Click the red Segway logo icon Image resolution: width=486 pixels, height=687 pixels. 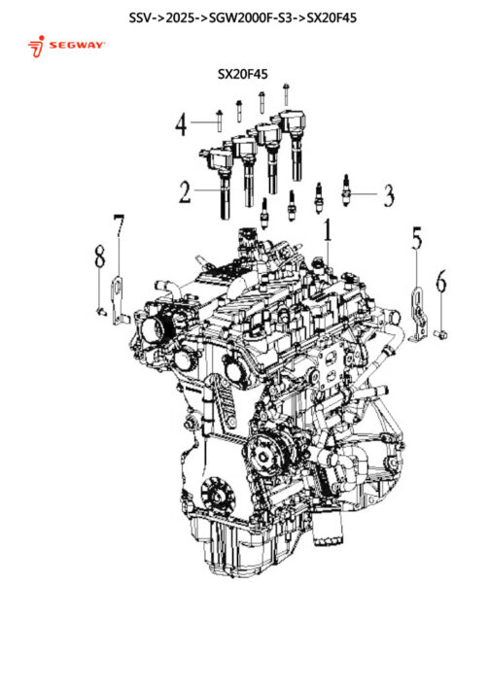(36, 47)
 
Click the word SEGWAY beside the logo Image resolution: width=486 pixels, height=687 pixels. (77, 45)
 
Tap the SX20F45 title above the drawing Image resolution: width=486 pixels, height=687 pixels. (243, 74)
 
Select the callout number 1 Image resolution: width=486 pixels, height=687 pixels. (328, 230)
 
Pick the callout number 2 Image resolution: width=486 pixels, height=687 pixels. (185, 191)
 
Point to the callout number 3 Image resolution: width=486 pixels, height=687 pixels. (389, 195)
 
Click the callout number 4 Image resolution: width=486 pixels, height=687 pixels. (181, 124)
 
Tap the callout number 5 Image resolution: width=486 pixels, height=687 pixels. (417, 238)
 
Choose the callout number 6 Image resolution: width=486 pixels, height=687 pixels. (441, 281)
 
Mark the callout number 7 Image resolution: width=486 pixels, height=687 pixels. (119, 225)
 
